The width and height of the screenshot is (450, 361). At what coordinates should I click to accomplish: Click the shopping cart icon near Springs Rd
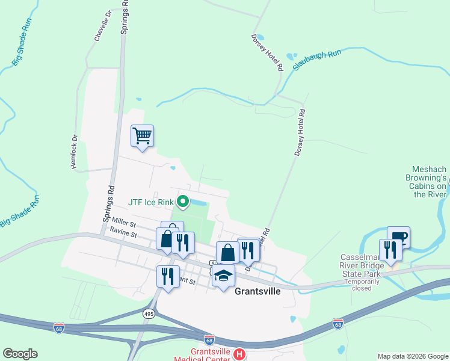point(142,136)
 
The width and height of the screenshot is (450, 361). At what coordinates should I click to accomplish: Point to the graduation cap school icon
point(223,277)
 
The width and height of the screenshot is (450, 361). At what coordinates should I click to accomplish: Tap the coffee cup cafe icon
point(398,236)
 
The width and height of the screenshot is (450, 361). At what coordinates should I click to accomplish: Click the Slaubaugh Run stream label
point(317,60)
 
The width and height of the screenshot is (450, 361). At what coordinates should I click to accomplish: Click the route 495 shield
point(149,313)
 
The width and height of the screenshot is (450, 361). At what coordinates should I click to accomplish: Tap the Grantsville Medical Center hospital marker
point(239,354)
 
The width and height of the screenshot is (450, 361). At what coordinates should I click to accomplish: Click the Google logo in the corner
point(20,354)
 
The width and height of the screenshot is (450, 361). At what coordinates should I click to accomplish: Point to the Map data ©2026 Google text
point(412,356)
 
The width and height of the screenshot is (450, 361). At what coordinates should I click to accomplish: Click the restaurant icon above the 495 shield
point(167,276)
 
